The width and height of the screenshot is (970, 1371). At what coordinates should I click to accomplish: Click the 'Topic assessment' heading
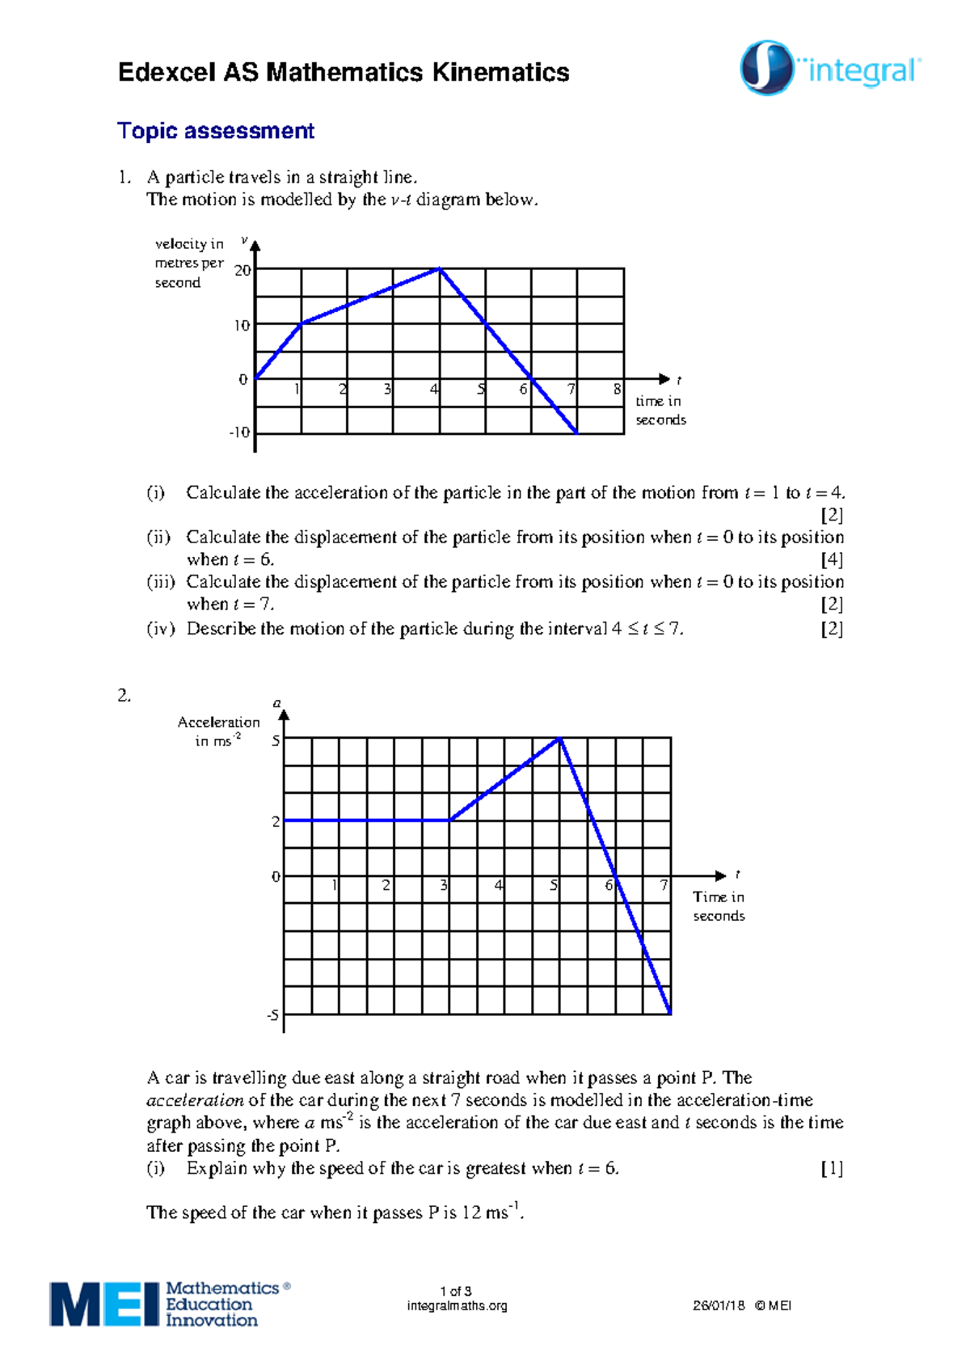coord(215,131)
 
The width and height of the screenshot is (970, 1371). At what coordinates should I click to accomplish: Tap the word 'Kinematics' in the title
coord(500,73)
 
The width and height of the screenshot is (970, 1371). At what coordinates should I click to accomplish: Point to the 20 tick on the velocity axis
coord(242,270)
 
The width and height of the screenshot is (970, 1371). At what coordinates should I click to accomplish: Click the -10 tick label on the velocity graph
coord(239,432)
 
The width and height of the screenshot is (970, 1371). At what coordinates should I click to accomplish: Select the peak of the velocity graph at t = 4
coord(439,269)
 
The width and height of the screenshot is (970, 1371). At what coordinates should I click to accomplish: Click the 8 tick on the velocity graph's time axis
coord(617,390)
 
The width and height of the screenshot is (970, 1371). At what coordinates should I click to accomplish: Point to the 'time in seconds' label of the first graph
coord(660,411)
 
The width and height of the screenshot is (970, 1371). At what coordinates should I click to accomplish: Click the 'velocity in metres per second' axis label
coord(189,263)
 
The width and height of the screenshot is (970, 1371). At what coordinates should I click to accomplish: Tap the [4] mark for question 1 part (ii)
coord(832,559)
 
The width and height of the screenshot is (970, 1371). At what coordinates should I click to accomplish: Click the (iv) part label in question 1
coord(160,629)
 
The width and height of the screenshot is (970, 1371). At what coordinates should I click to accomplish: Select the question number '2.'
coord(124,696)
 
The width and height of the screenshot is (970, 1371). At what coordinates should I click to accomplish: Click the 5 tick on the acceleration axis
coord(276,740)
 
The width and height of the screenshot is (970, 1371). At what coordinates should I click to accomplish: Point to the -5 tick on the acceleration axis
coord(272,1015)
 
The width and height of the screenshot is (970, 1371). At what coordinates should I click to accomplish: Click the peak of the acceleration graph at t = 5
coord(559,738)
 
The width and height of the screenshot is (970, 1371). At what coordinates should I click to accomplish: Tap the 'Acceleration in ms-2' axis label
coord(218,731)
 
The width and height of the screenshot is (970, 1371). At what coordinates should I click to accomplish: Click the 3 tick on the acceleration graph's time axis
coord(443,886)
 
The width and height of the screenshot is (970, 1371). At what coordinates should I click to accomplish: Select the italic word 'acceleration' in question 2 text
coord(195,1100)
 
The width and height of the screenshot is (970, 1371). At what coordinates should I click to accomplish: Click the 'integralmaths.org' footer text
coord(457,1306)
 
